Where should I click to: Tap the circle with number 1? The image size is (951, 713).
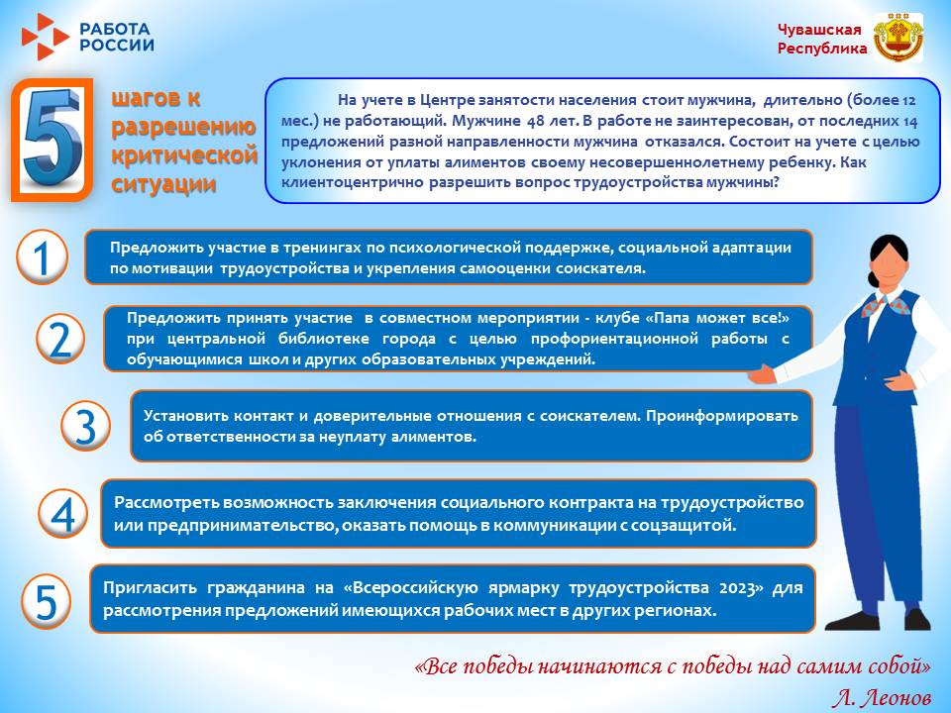coord(43,258)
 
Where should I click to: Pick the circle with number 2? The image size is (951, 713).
coord(60,339)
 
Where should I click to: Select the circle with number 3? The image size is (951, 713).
coord(86,426)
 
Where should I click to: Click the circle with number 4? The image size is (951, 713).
coord(62,515)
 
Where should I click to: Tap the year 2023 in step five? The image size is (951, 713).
coord(740,588)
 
